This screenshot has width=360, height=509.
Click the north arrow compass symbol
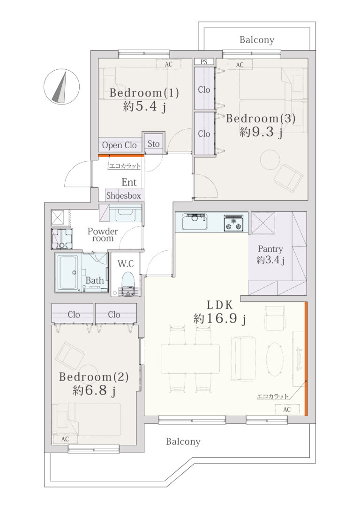coord(61,87)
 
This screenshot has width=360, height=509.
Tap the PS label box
coord(204,62)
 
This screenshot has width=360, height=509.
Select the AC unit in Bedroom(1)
coord(168,64)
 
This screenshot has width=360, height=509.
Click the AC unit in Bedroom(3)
coord(240,65)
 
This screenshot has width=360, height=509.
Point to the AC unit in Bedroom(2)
coord(65,439)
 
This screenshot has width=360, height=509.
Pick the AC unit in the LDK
coord(286,409)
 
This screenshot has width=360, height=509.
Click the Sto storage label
coord(154,143)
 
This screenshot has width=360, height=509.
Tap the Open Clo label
coord(120,145)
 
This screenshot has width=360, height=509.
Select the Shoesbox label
coord(123,196)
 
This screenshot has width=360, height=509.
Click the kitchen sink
coord(195,222)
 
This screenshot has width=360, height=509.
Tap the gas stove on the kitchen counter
coord(233,223)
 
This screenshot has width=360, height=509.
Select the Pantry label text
coord(270,249)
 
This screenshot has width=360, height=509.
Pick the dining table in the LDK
coord(190,359)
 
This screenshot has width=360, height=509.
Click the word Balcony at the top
coord(257,40)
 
